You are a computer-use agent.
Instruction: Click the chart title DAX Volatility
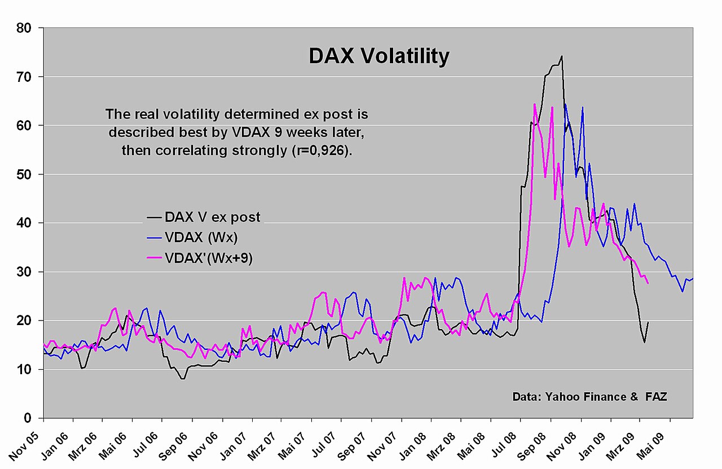point(379,56)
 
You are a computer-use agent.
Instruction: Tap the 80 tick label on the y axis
point(24,28)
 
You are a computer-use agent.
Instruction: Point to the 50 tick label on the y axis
point(24,174)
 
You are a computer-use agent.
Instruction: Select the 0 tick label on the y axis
point(28,418)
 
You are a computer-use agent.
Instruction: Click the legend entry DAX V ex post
point(204,217)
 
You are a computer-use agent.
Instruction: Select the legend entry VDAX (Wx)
point(192,238)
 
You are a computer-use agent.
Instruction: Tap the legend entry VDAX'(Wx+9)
point(200,258)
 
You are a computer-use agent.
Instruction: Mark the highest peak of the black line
point(562,56)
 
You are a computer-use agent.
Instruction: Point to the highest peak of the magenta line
point(534,104)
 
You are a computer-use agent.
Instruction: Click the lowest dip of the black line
point(183,379)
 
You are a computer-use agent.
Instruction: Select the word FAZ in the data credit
point(656,396)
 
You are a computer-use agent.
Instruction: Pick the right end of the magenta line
point(648,283)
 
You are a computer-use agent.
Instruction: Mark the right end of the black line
point(648,322)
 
